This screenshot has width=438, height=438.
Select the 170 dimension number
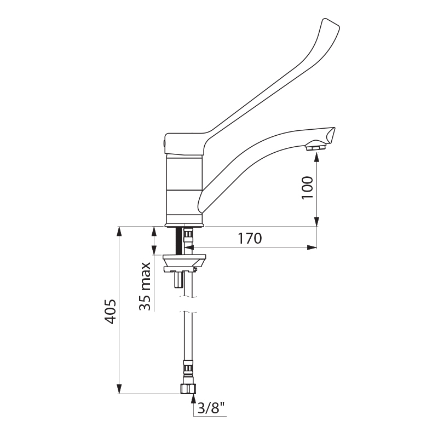tap(249, 239)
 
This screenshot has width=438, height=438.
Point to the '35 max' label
tap(145, 286)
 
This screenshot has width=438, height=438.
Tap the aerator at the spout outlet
tap(315, 146)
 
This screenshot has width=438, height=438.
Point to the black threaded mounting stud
tap(178, 241)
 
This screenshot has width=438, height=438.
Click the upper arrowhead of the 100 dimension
tap(317, 157)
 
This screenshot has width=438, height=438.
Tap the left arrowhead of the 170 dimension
tap(188, 247)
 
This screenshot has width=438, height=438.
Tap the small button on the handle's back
tap(163, 144)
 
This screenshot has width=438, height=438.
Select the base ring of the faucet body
tap(185, 224)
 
